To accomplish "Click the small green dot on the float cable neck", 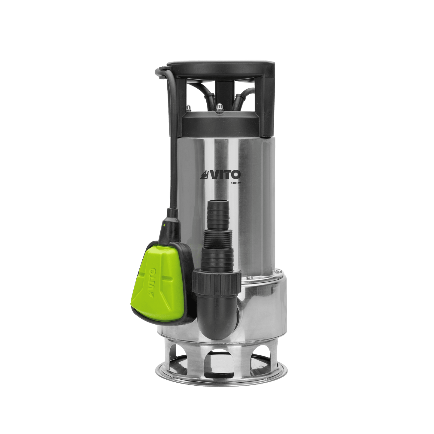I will [x=164, y=225].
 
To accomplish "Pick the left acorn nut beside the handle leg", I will [x=188, y=106].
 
